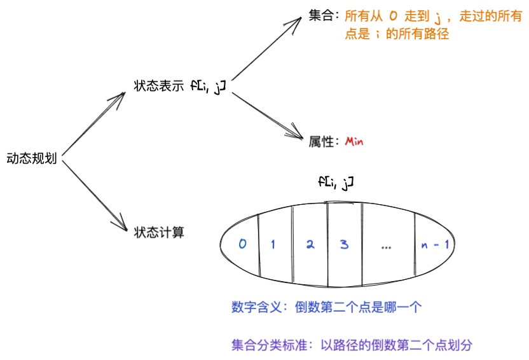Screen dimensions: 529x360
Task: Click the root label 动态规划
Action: tap(32, 158)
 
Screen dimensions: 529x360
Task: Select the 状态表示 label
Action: tap(159, 86)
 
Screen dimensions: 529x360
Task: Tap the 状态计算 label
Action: tap(159, 232)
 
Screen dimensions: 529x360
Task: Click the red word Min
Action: tap(354, 141)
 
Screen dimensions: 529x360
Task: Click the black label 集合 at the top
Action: tap(322, 17)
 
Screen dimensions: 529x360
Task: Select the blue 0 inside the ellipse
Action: tap(242, 244)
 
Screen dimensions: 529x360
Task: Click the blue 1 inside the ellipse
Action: tap(273, 244)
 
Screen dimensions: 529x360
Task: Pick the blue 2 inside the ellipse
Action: tap(310, 244)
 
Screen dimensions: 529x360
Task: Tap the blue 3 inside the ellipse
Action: tap(344, 244)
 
